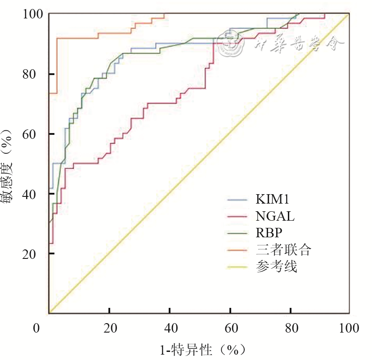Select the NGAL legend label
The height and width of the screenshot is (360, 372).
275,216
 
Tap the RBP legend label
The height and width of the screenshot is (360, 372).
269,233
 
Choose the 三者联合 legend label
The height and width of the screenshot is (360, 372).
283,250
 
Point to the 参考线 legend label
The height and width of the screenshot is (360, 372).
276,267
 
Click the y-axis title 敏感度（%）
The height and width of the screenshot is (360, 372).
9,164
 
